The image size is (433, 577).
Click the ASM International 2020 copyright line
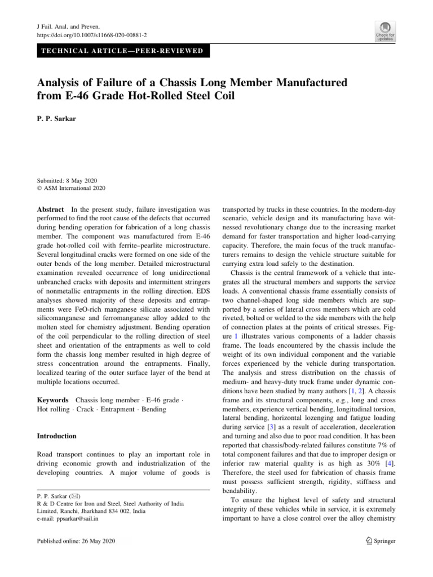pyautogui.click(x=74, y=189)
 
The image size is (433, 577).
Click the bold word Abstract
pyautogui.click(x=51, y=208)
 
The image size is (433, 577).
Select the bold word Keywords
pyautogui.click(x=53, y=400)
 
